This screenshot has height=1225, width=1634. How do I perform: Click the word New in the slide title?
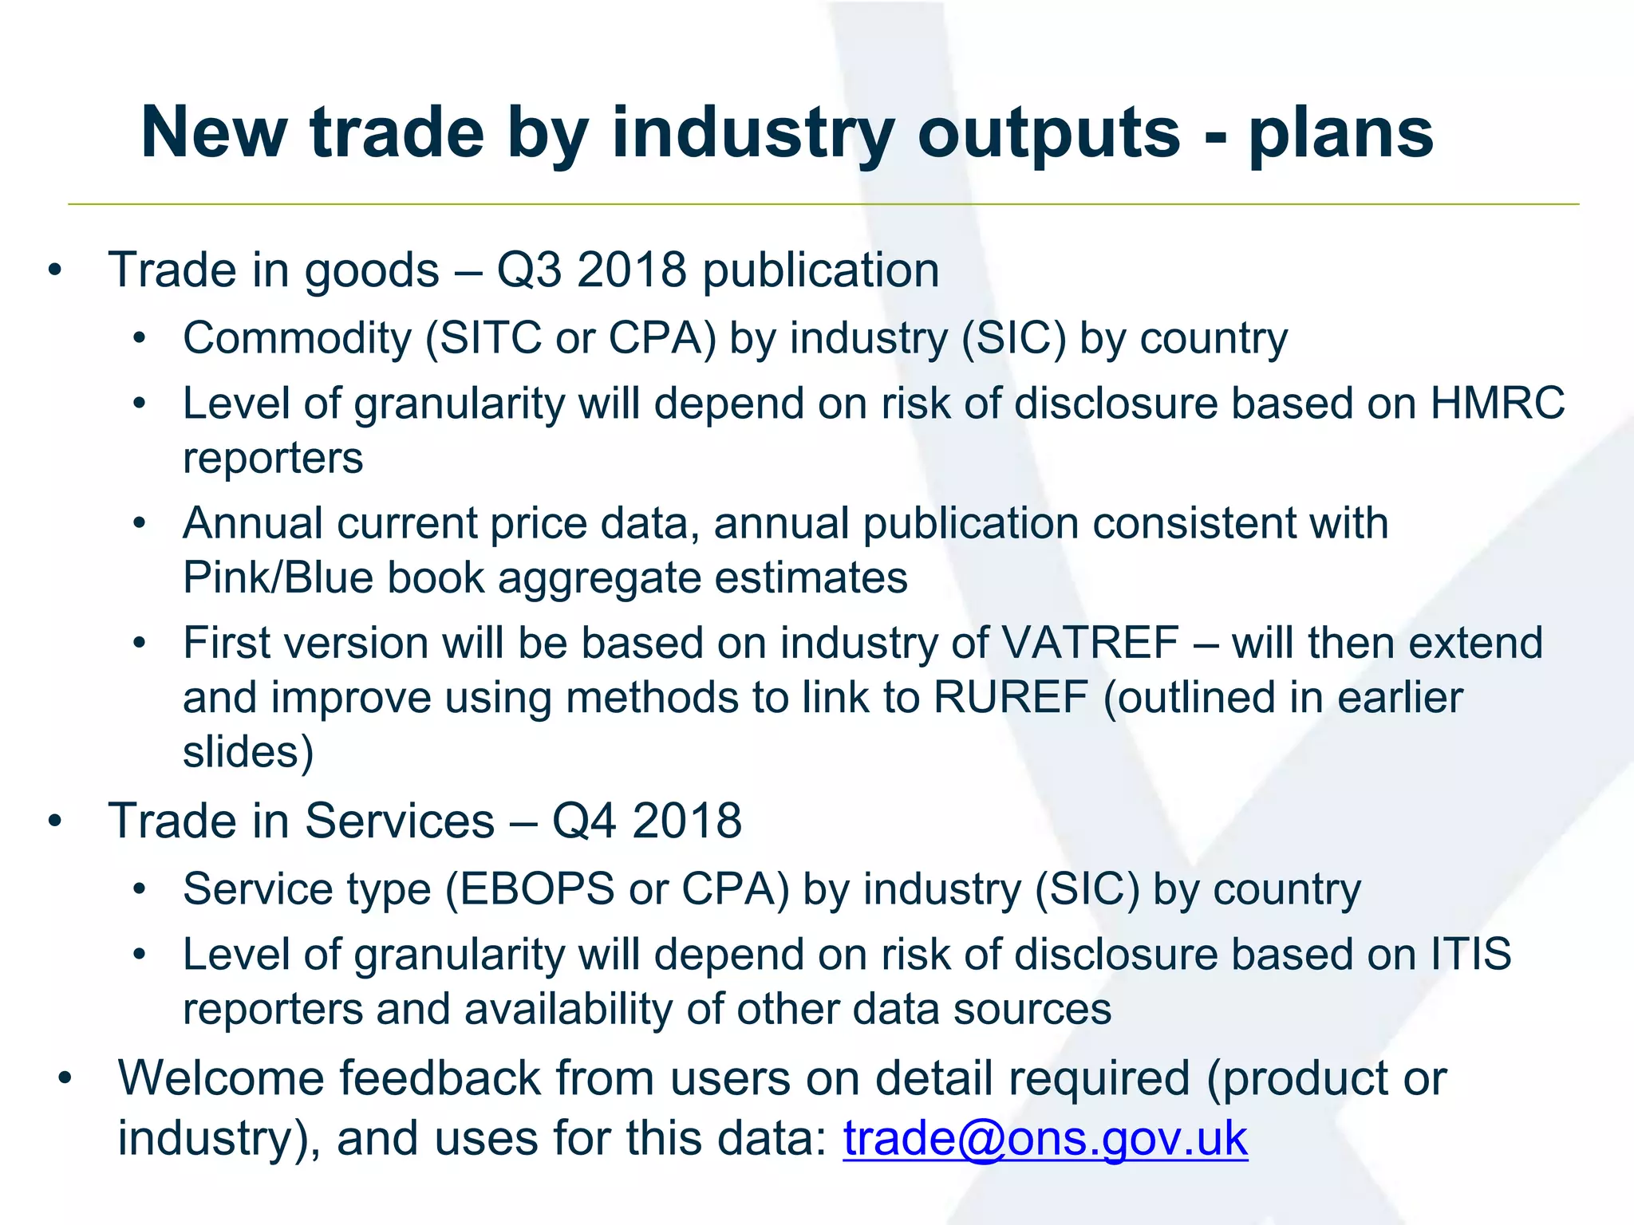pyautogui.click(x=214, y=132)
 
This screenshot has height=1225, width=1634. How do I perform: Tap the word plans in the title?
pyautogui.click(x=1340, y=134)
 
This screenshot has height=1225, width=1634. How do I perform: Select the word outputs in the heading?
pyautogui.click(x=1048, y=134)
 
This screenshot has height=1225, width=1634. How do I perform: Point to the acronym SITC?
pyautogui.click(x=491, y=338)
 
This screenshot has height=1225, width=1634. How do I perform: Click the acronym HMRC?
pyautogui.click(x=1497, y=404)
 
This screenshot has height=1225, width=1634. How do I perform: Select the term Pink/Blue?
pyautogui.click(x=278, y=577)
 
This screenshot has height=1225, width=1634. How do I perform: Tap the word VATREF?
pyautogui.click(x=1090, y=643)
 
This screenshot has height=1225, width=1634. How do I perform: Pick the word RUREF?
pyautogui.click(x=1010, y=698)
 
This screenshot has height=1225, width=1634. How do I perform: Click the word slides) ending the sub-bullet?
pyautogui.click(x=248, y=752)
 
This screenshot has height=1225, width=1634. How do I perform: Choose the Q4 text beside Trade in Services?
pyautogui.click(x=584, y=821)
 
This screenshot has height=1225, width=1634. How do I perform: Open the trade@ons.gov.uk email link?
pyautogui.click(x=1045, y=1138)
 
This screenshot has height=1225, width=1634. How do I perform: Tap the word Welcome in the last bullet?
pyautogui.click(x=222, y=1078)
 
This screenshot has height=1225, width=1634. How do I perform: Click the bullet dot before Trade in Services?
pyautogui.click(x=54, y=821)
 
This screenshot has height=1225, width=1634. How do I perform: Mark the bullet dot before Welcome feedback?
pyautogui.click(x=65, y=1078)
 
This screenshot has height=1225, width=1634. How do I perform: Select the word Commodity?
pyautogui.click(x=296, y=338)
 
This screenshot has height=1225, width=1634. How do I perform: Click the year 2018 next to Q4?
pyautogui.click(x=687, y=821)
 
